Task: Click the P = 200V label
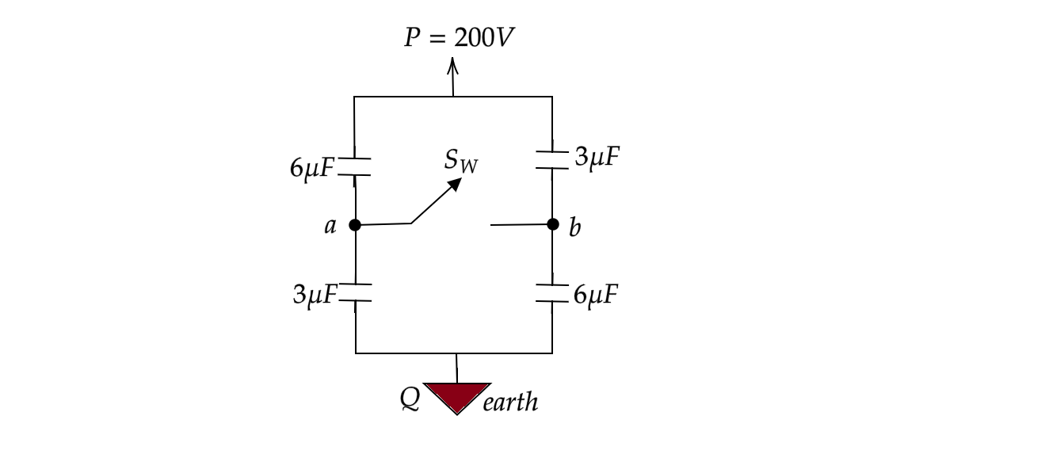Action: click(x=459, y=37)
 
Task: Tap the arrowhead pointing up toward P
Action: click(x=452, y=65)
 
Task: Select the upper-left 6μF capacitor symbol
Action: click(x=354, y=166)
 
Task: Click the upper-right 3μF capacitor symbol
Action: click(x=552, y=160)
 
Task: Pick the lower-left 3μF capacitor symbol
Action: click(x=355, y=292)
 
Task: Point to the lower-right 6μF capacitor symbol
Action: click(x=552, y=292)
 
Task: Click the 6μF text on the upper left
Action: click(x=312, y=168)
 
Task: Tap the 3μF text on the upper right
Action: click(x=597, y=157)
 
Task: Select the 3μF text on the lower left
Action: click(x=315, y=295)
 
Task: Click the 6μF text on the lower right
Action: click(x=596, y=295)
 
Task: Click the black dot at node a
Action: click(x=355, y=225)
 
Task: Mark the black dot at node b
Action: click(x=553, y=224)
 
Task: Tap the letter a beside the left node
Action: click(x=330, y=226)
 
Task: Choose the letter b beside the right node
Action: click(x=575, y=227)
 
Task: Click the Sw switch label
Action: click(x=461, y=161)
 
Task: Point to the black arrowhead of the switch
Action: click(x=455, y=184)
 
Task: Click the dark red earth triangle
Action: click(x=457, y=395)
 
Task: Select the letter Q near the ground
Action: click(x=410, y=399)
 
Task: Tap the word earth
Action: click(x=510, y=403)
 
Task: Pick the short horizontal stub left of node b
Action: click(x=519, y=225)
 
